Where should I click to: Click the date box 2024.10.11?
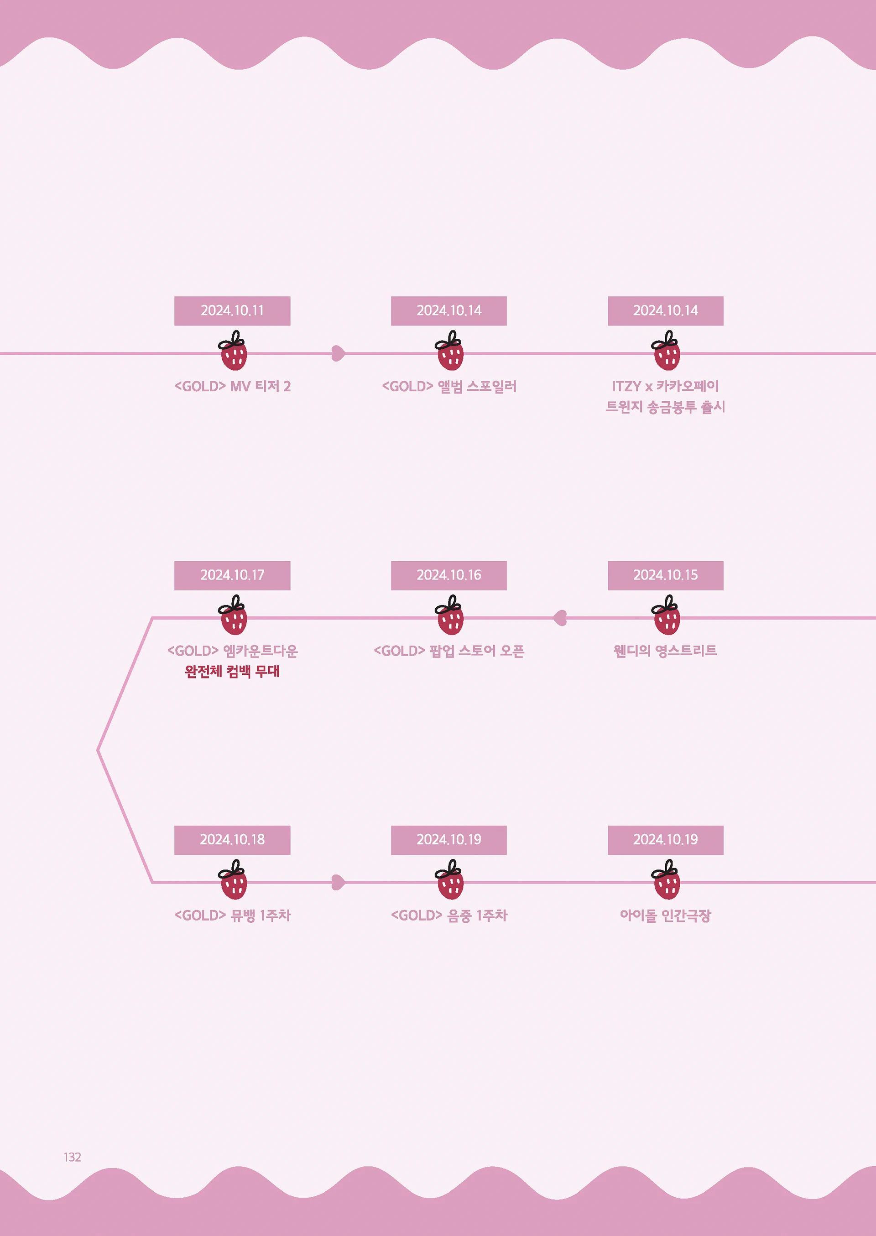point(232,311)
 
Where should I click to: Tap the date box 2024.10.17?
point(232,575)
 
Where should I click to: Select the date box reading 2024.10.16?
point(449,575)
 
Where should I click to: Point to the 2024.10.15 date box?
point(665,575)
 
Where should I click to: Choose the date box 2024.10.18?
point(232,840)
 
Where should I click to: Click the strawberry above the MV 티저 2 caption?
point(233,352)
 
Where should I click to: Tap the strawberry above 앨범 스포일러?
point(449,352)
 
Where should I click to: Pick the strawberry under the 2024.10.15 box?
point(666,615)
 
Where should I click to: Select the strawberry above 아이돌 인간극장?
point(666,880)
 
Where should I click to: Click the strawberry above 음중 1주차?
point(449,880)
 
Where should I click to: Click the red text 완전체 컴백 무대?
point(232,672)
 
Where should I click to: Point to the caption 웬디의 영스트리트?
point(665,651)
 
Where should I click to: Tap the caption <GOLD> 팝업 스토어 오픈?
point(449,651)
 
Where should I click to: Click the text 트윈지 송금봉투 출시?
point(665,407)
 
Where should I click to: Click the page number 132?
point(72,1157)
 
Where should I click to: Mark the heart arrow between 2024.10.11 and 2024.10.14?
point(338,354)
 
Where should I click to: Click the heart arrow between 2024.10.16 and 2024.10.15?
point(560,618)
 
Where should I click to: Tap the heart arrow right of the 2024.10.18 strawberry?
point(338,882)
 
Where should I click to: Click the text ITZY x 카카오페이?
point(665,387)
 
